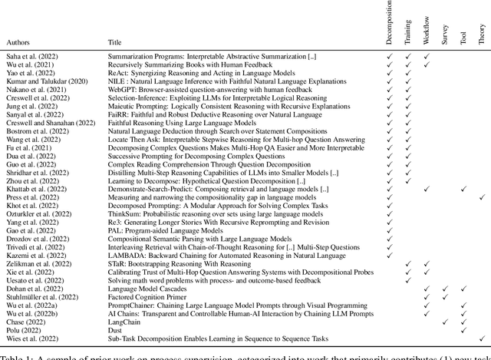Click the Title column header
pyautogui.click(x=114, y=43)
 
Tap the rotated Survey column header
pyautogui.click(x=445, y=31)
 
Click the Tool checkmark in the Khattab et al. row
pyautogui.click(x=463, y=189)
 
